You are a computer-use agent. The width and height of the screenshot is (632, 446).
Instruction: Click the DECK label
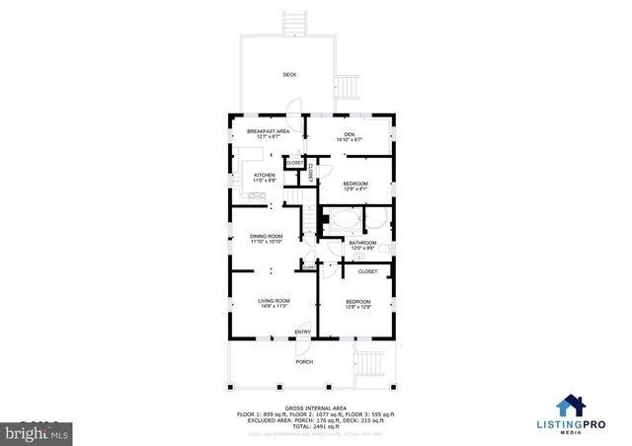289,75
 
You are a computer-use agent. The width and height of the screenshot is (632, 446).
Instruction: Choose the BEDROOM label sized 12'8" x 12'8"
357,303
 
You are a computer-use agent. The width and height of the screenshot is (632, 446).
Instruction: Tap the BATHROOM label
362,244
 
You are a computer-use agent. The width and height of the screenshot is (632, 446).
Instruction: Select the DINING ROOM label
266,238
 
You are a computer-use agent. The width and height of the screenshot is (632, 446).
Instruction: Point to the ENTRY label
302,332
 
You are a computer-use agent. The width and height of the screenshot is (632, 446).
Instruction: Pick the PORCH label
304,362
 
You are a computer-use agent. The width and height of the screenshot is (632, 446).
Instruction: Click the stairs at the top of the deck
295,23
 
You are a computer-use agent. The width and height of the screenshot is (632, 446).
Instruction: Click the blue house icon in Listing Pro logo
570,407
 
